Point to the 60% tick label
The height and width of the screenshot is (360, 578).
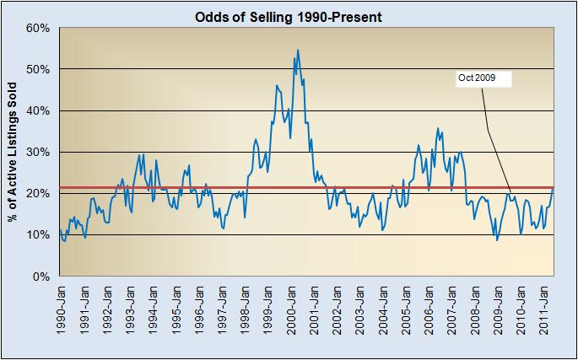[40, 28]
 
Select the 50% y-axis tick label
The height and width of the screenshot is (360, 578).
[40, 69]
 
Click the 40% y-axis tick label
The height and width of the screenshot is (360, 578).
[40, 110]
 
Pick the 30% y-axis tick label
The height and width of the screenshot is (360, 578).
[40, 152]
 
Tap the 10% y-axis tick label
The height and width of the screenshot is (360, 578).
[40, 235]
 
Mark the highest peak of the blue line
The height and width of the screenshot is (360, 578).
[298, 50]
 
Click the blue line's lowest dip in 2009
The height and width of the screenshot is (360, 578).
[497, 240]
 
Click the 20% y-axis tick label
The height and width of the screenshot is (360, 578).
[40, 194]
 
